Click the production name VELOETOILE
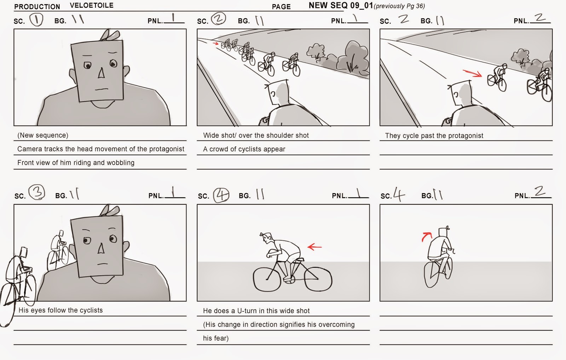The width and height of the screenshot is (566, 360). click(92, 6)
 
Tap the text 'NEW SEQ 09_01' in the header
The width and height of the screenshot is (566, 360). click(341, 6)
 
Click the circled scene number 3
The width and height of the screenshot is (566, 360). click(37, 192)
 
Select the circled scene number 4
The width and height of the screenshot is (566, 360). click(221, 195)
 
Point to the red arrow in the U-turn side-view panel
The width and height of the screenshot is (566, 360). click(314, 246)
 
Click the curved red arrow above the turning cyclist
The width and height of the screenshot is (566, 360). click(427, 237)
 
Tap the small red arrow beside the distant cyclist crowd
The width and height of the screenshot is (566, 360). click(215, 43)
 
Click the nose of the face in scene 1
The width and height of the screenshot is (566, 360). click(101, 73)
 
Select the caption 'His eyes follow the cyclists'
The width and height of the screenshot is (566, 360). click(60, 310)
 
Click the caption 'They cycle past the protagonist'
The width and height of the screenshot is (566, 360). click(434, 136)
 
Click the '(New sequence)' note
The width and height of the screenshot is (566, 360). click(43, 135)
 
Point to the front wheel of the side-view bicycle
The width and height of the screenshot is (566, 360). click(267, 279)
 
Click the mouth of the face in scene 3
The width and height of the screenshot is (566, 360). click(103, 264)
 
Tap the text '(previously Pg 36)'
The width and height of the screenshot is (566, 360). click(399, 6)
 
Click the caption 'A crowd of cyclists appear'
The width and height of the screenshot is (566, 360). click(244, 149)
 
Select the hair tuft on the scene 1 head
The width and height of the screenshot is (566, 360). click(110, 35)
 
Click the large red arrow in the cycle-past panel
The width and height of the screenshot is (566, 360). click(472, 73)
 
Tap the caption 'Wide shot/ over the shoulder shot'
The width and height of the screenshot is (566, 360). click(256, 135)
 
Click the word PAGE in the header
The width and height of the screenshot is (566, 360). click(281, 7)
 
